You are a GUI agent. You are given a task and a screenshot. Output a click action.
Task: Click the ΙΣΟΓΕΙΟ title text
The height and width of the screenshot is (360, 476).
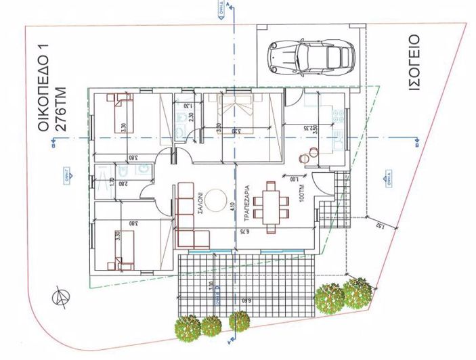tap(414, 62)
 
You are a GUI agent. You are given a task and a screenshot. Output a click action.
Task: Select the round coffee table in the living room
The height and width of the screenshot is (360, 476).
tap(216, 201)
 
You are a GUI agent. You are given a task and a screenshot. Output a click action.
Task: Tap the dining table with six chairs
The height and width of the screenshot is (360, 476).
tap(273, 205)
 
